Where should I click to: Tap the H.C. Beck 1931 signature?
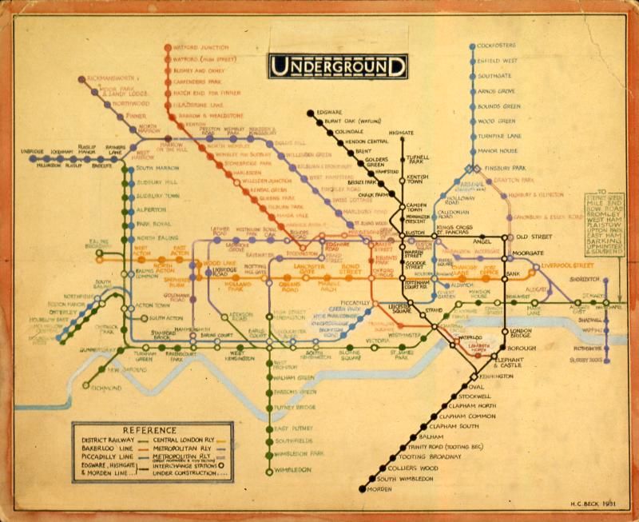pyautogui.click(x=591, y=500)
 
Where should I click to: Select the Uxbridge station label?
pyautogui.click(x=33, y=151)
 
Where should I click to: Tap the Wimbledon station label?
pyautogui.click(x=292, y=470)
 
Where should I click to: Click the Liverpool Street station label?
pyautogui.click(x=570, y=264)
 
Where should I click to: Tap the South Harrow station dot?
pyautogui.click(x=125, y=169)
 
